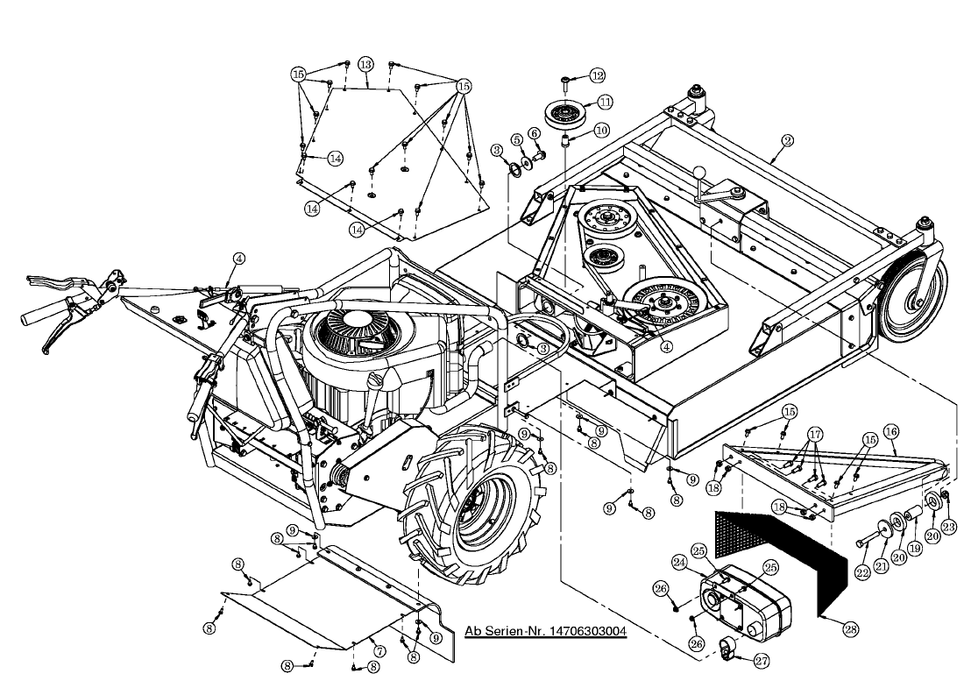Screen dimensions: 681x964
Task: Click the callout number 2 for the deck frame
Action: [x=788, y=139]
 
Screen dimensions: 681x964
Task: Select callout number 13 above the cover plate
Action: [x=365, y=64]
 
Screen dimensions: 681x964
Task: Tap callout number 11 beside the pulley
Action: [x=606, y=102]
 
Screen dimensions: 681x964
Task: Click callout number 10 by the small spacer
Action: [x=601, y=130]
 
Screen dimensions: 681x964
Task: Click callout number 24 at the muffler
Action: [x=679, y=562]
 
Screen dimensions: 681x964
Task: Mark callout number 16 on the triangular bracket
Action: [x=891, y=431]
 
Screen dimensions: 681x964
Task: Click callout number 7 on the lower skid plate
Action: [x=379, y=650]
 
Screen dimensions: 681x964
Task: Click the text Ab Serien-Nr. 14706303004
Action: [x=545, y=631]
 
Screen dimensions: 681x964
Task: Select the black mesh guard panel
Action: [x=780, y=552]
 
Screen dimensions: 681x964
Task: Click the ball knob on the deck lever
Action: [x=700, y=173]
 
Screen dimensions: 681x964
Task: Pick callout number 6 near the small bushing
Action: [x=534, y=133]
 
